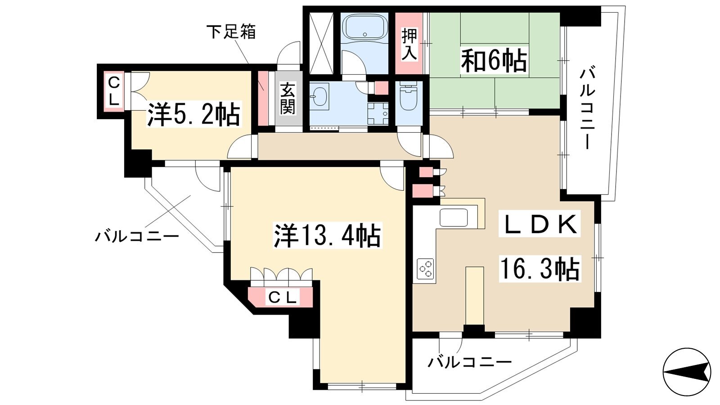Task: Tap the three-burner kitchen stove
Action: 425,269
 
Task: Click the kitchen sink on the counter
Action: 454,217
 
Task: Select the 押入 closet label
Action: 409,44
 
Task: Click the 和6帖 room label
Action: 494,60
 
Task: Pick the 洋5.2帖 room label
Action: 194,114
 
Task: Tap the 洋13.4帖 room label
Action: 327,235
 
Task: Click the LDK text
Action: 540,224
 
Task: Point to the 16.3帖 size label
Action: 540,269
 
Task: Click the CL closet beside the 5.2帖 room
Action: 114,92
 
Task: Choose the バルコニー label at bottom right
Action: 469,363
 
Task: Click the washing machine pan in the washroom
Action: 378,114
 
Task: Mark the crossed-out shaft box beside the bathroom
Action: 321,43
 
